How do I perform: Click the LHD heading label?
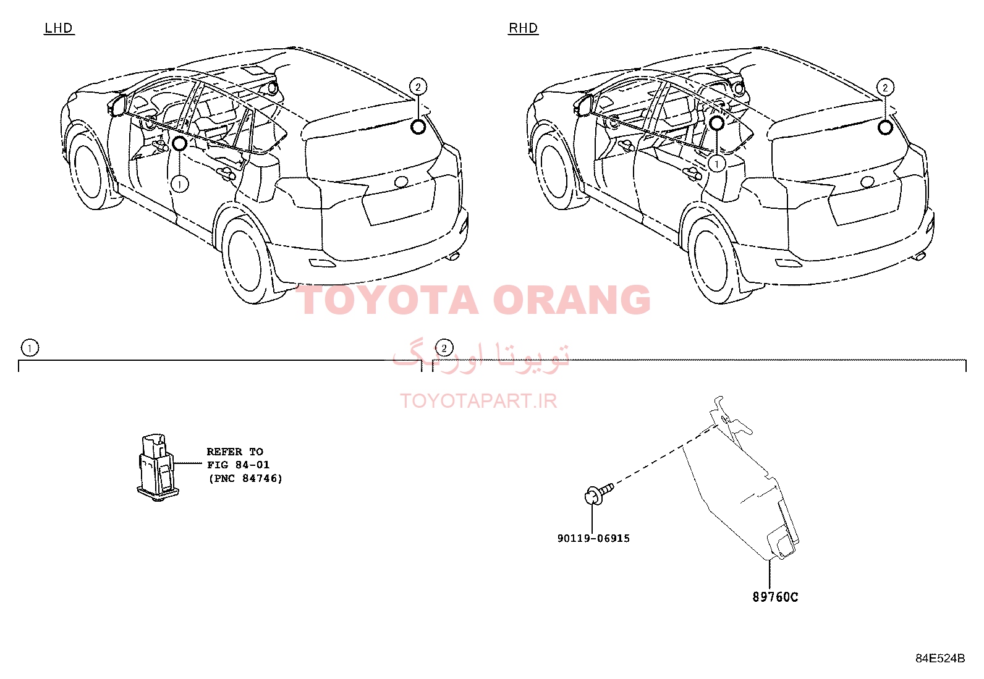tap(59, 28)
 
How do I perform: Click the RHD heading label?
tap(523, 28)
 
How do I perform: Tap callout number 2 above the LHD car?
tap(418, 87)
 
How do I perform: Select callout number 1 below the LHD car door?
tap(180, 185)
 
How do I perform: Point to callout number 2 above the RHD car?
tap(885, 88)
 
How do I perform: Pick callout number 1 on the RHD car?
tap(717, 164)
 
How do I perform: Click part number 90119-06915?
tap(593, 539)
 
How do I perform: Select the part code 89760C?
tap(775, 597)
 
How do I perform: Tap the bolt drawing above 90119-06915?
tap(599, 494)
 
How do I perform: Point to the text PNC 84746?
tap(245, 478)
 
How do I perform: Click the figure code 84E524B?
tap(940, 659)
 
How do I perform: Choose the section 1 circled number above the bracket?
tap(30, 348)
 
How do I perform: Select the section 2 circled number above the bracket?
tap(444, 348)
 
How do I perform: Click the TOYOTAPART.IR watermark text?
tap(478, 401)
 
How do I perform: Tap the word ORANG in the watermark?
tap(572, 300)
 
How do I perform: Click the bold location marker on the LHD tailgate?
tap(418, 127)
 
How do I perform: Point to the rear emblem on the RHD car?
tap(867, 182)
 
